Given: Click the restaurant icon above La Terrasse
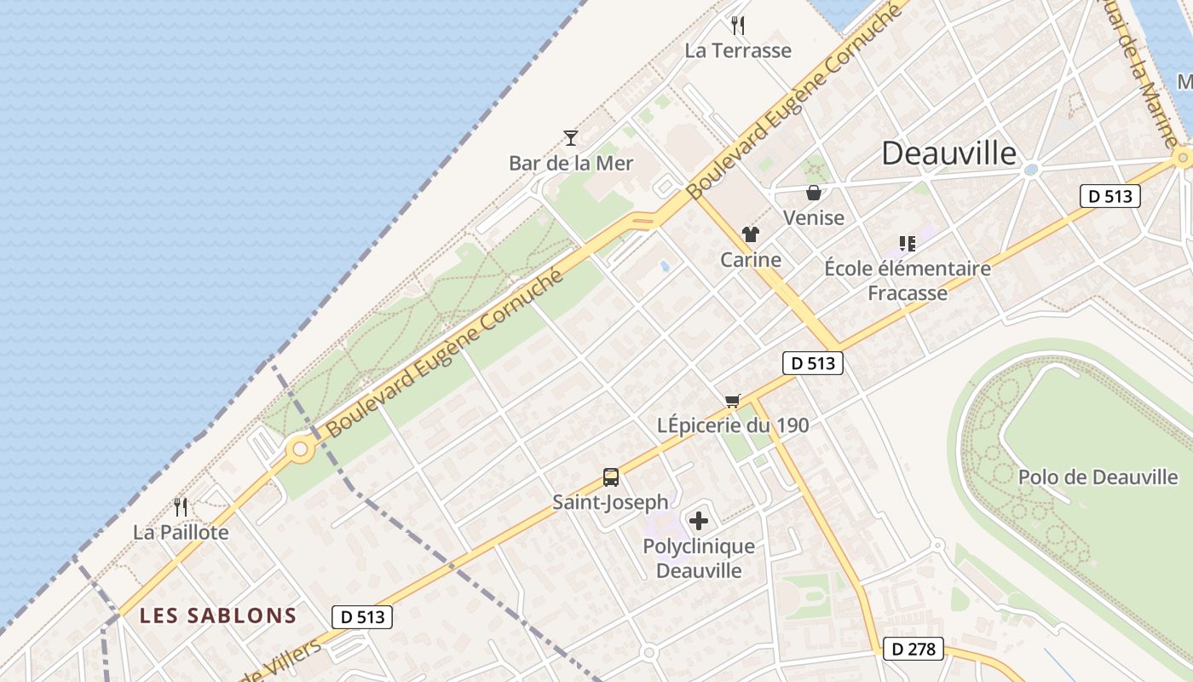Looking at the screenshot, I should [738, 26].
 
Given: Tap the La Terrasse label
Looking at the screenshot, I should [738, 50].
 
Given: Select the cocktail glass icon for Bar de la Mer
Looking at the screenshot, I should [571, 137].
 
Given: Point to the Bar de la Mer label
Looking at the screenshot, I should [571, 163].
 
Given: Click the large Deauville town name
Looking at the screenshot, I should [948, 153].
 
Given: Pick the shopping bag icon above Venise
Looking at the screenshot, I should [814, 193].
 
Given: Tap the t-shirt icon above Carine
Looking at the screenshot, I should [751, 234].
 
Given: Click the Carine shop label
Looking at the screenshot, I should [751, 259].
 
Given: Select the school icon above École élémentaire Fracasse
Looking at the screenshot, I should [908, 244].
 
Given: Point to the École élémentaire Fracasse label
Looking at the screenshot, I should [908, 280].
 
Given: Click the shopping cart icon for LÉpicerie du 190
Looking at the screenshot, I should [733, 401].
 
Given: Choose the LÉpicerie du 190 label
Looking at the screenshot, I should [733, 425].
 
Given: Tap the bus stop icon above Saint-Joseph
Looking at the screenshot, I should [610, 477].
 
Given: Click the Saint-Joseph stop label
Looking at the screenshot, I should [610, 502].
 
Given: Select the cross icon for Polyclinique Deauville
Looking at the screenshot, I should [699, 521].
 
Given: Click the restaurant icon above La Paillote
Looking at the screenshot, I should [181, 507].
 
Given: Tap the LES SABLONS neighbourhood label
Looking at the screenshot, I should [218, 616].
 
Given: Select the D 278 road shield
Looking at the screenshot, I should [913, 649].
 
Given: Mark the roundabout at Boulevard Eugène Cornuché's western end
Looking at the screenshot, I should [299, 448].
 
